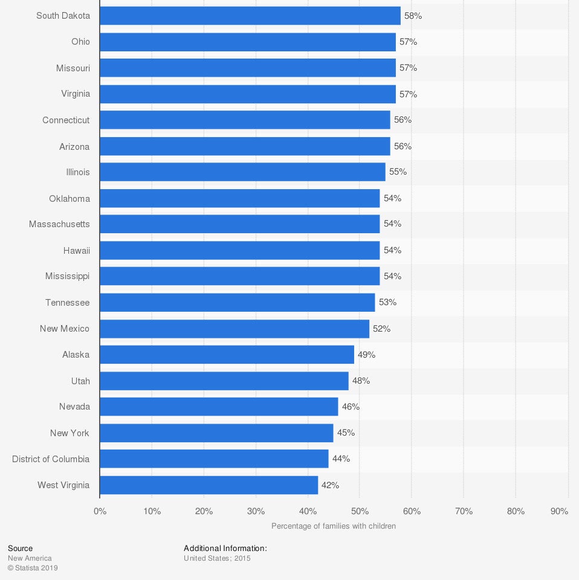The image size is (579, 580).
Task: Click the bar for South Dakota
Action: [250, 16]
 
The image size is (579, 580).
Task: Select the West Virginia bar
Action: [209, 485]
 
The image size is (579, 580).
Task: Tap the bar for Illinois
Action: [242, 172]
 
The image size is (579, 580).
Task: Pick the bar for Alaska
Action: [227, 355]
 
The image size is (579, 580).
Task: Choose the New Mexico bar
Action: [235, 329]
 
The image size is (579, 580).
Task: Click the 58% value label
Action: [413, 16]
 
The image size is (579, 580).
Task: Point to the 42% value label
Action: [330, 485]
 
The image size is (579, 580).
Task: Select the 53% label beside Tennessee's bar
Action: [387, 302]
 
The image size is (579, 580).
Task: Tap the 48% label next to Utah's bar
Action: [361, 381]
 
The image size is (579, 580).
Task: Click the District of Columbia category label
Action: [51, 459]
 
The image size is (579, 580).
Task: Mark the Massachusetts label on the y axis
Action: [59, 224]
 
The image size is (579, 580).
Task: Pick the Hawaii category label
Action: [76, 250]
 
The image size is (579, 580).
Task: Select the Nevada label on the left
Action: [74, 407]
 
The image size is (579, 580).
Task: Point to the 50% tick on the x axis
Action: [360, 511]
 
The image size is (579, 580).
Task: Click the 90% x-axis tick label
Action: [560, 511]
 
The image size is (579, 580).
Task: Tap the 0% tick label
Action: [100, 511]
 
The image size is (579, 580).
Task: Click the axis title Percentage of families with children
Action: [334, 526]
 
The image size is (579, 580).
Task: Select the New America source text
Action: [30, 558]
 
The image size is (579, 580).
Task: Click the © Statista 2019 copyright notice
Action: [33, 568]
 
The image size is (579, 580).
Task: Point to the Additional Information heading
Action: [225, 549]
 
